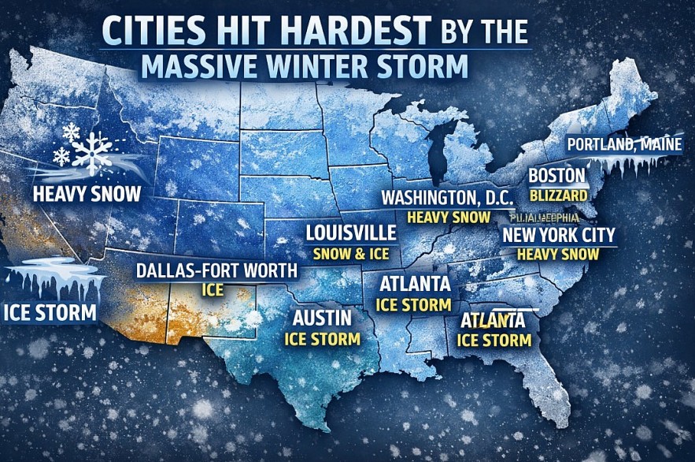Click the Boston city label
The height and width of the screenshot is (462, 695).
click(x=556, y=175)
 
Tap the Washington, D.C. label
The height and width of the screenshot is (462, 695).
click(x=447, y=197)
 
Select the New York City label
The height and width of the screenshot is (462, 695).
click(x=559, y=235)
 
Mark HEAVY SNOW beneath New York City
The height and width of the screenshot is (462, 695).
click(x=558, y=254)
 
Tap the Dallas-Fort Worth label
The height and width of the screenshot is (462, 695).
click(x=217, y=271)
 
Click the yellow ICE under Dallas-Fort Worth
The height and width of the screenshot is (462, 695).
click(x=213, y=290)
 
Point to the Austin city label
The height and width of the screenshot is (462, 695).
click(x=322, y=319)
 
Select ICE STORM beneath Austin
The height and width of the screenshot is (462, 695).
click(x=322, y=339)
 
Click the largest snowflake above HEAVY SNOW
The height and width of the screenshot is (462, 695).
click(x=93, y=151)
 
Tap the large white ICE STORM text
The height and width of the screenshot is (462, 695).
click(x=50, y=311)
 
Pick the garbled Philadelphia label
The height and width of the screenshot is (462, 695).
click(x=545, y=217)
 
